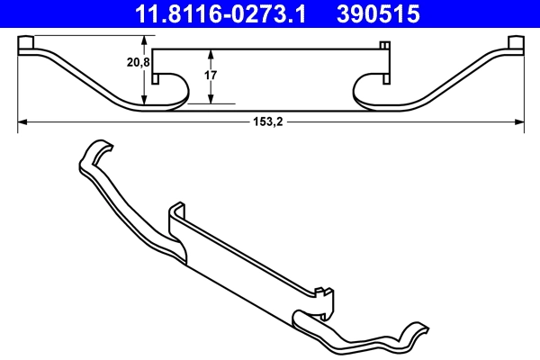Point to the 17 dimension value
pyautogui.click(x=210, y=76)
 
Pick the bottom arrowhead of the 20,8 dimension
pyautogui.click(x=145, y=105)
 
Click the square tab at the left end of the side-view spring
pyautogui.click(x=27, y=44)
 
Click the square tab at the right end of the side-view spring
pyautogui.click(x=516, y=44)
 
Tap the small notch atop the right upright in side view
pyautogui.click(x=384, y=45)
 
